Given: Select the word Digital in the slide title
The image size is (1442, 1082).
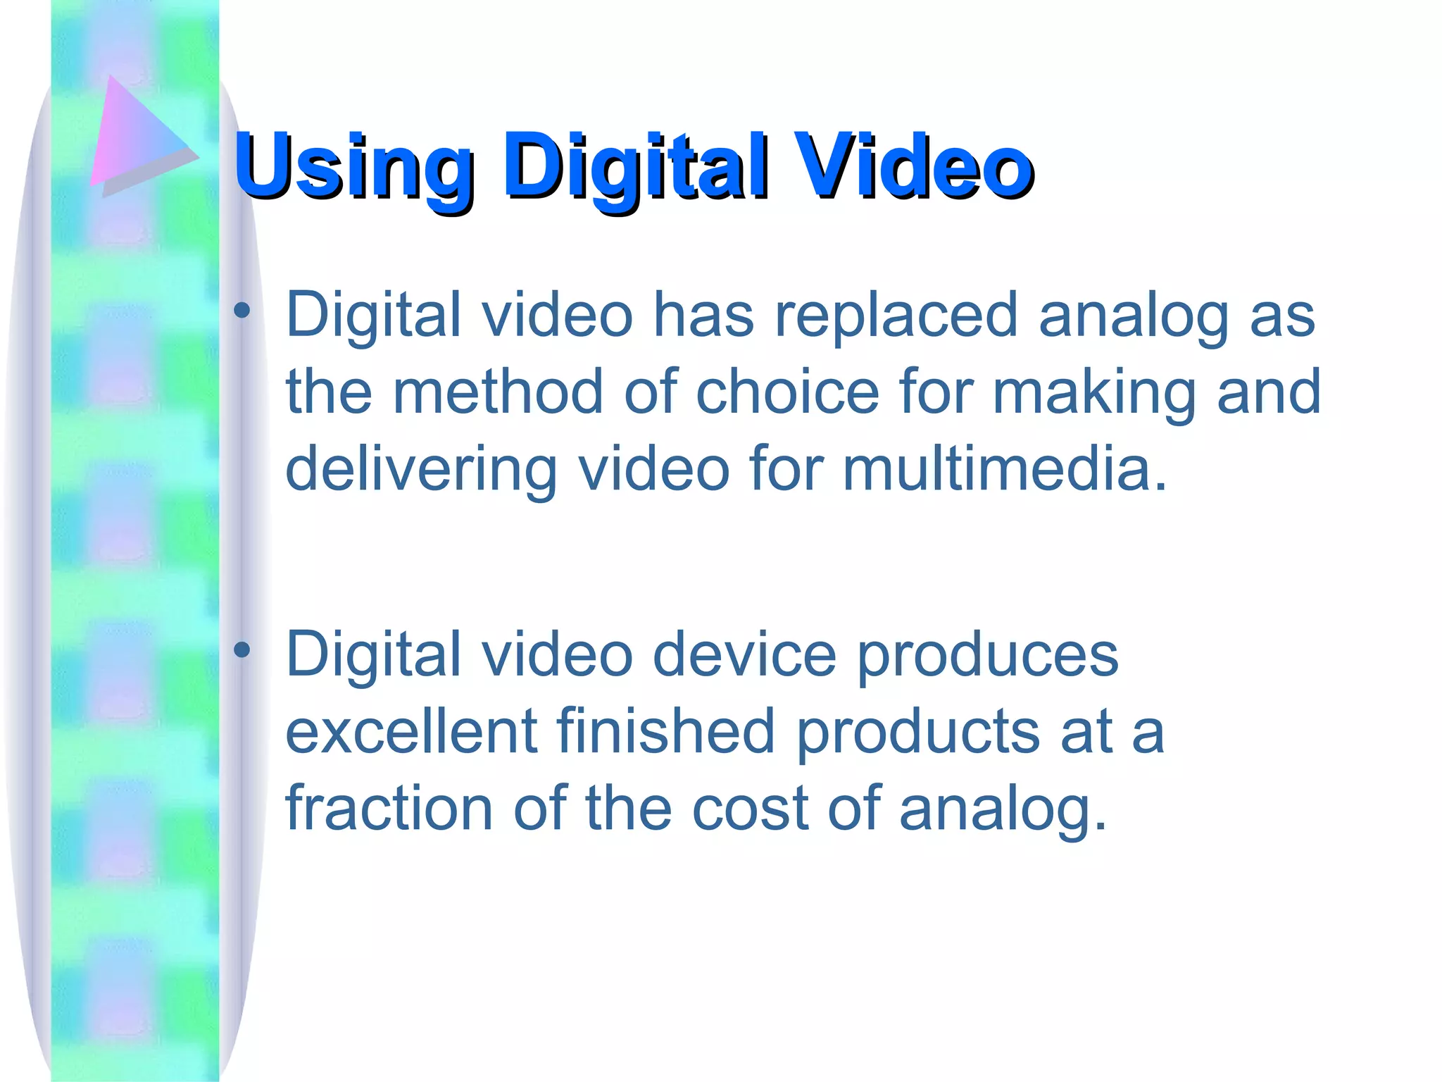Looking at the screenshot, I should [x=634, y=167].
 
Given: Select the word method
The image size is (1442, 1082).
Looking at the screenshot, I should [x=497, y=392].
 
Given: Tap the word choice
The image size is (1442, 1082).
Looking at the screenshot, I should [x=788, y=392].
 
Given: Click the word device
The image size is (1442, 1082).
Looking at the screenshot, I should [x=744, y=655].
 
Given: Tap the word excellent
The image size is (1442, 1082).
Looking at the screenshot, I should [x=412, y=732].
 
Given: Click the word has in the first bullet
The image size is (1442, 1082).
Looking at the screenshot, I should [x=703, y=316].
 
